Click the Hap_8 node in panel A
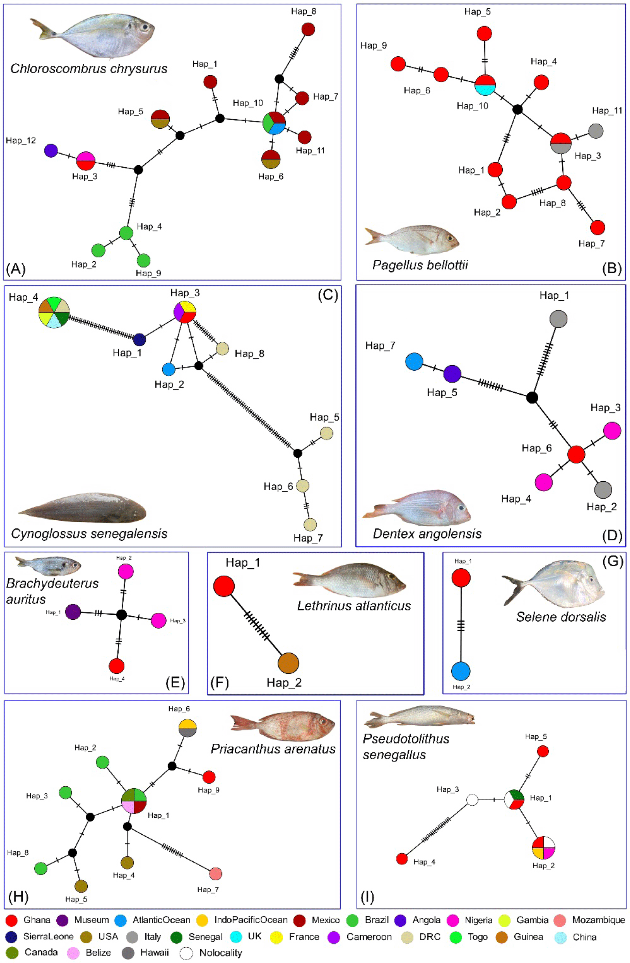[308, 29]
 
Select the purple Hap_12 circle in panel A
[51, 150]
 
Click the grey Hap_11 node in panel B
[596, 131]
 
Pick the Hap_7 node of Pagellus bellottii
[598, 227]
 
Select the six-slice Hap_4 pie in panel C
[54, 312]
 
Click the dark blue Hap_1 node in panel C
[139, 340]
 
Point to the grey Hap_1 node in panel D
[558, 318]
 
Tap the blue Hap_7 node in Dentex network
[414, 361]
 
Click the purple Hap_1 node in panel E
[73, 612]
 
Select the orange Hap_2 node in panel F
[288, 663]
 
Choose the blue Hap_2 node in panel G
[461, 671]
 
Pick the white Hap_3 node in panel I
[472, 800]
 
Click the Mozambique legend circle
[560, 920]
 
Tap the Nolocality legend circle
[186, 953]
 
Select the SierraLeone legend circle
[12, 937]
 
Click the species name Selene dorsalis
[561, 617]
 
